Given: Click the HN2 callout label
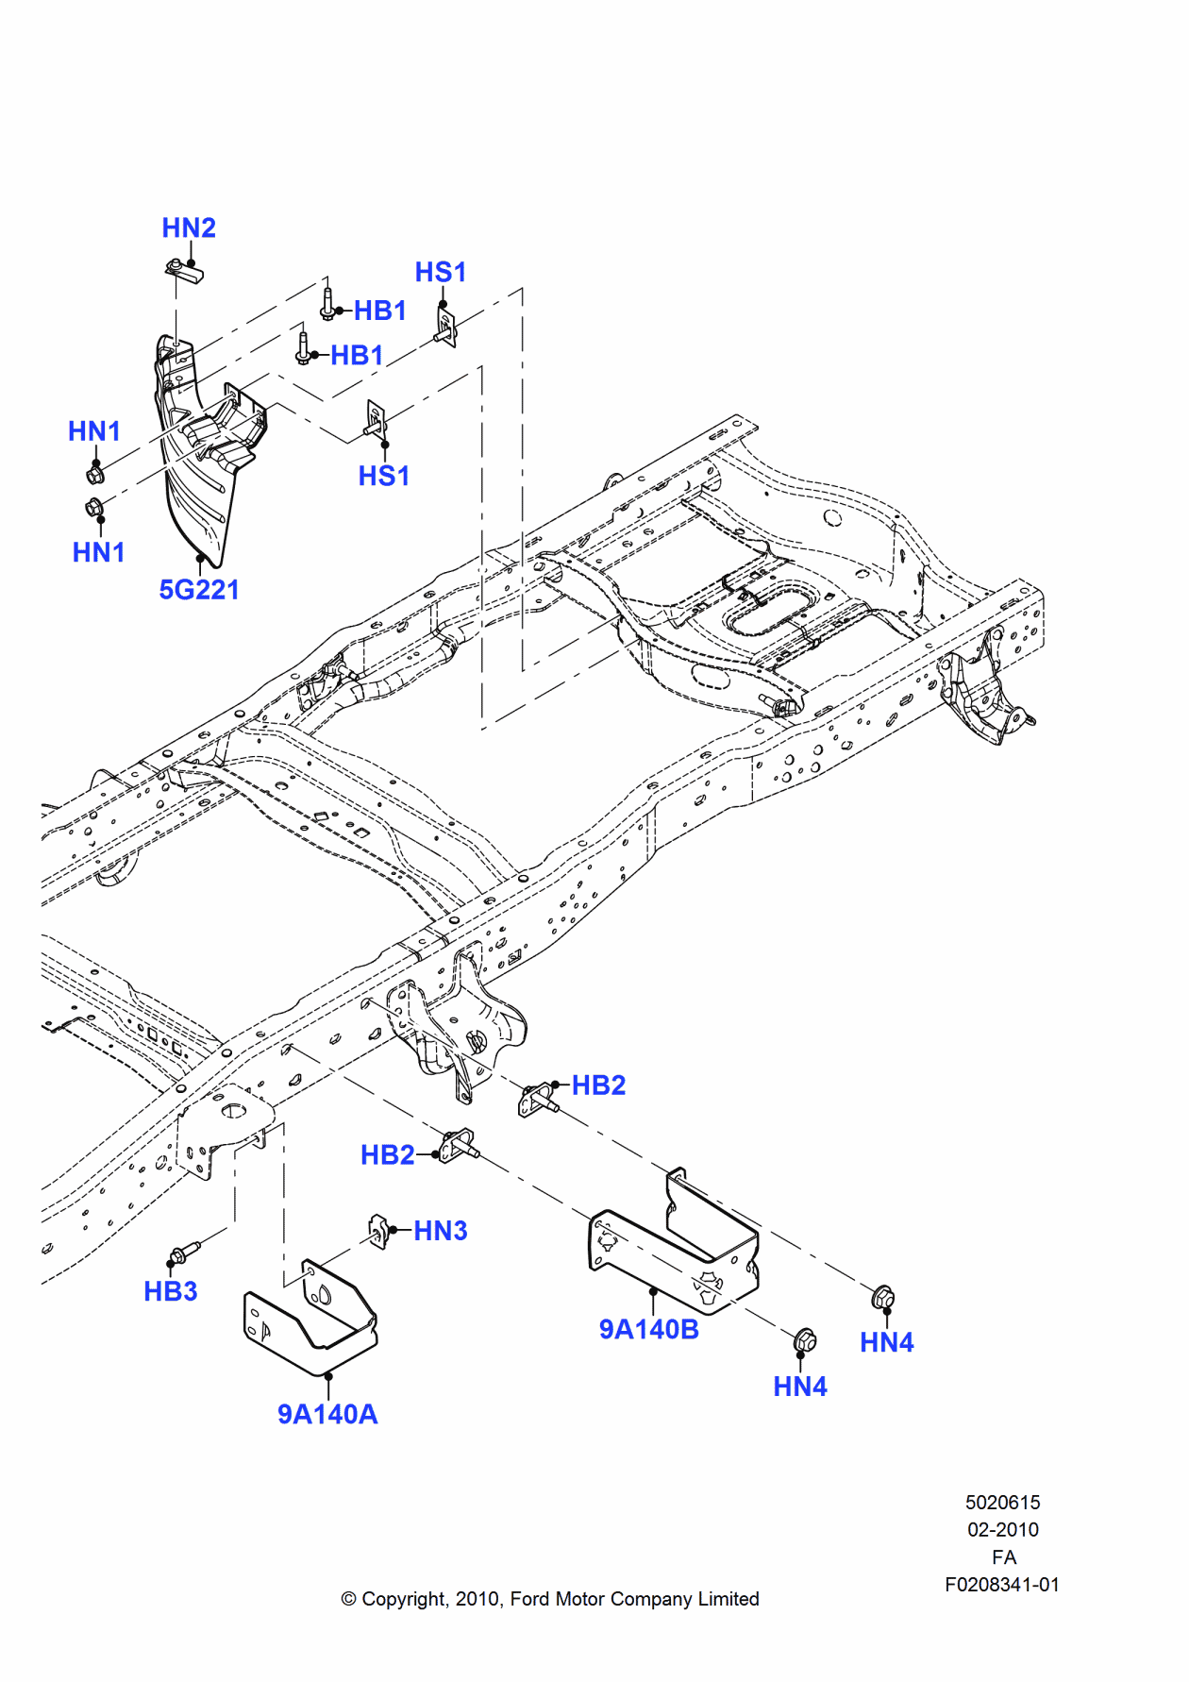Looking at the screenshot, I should pos(189,228).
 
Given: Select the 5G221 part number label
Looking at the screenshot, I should pos(199,590).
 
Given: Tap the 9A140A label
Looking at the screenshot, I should pos(327,1414).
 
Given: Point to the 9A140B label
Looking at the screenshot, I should pos(649,1329).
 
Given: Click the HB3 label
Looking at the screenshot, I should pos(171,1291).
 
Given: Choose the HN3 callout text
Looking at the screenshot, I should pos(441,1231).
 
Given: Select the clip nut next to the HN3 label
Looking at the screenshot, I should pos(379,1231).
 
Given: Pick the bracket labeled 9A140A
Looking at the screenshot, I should pos(311,1321).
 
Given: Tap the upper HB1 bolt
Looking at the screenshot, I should pos(327,304).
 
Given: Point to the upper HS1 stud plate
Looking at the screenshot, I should pos(445,326).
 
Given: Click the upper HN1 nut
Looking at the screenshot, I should pos(95,473).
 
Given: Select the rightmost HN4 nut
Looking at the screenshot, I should pos(883,1299).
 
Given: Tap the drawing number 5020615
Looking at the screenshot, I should pos(1002,1502).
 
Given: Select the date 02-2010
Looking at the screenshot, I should pos(1002,1529).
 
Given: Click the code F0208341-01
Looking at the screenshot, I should pos(1002,1585).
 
